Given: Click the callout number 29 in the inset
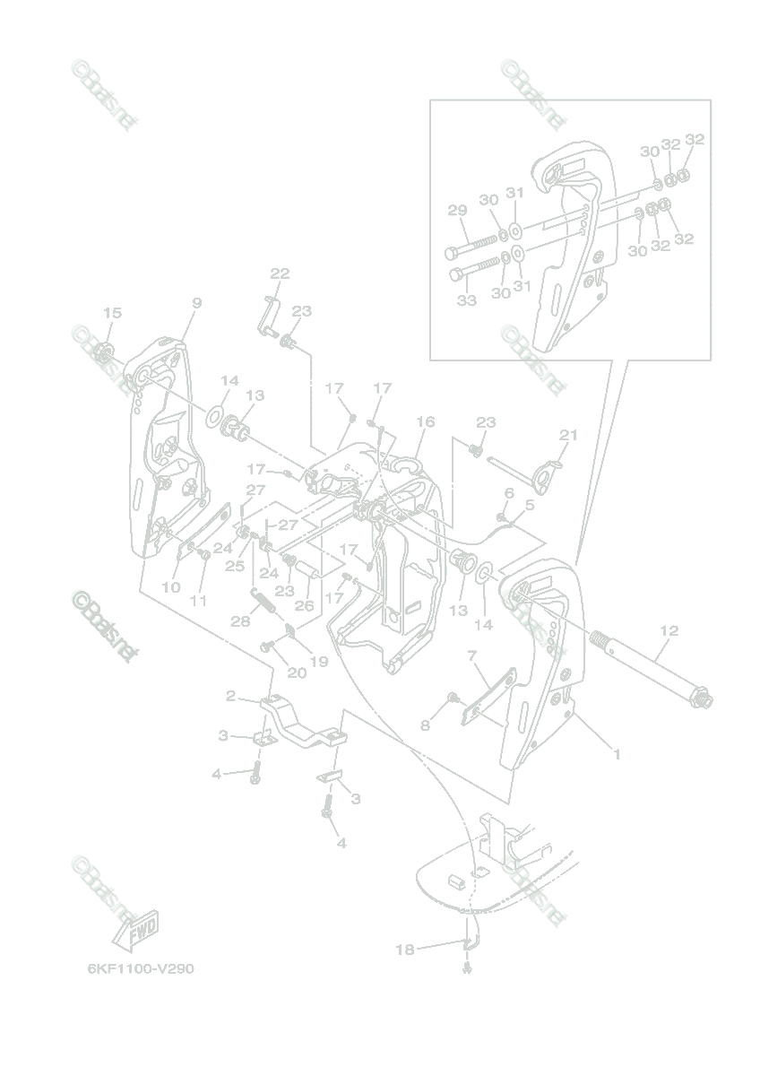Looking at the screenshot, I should pos(457,211).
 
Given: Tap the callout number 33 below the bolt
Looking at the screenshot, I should pos(466,300).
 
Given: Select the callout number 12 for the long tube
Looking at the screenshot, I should pos(668,631).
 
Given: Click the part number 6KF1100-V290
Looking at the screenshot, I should pos(141,969).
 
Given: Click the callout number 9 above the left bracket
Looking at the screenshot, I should pos(196,303).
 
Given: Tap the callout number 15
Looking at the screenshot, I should pos(112,313).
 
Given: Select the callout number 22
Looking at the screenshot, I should pos(281,273).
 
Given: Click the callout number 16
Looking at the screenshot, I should pos(425,421).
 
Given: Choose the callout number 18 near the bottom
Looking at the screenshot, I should pos(405,949).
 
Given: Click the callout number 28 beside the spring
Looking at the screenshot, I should pos(239,621).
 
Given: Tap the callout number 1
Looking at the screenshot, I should pos(616,754).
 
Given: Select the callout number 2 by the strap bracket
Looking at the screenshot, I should pos(230,696).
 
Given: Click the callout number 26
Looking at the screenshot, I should pos(305,605).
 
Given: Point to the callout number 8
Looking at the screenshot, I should pos(425,725).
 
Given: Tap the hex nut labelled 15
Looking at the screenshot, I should pos(103,352).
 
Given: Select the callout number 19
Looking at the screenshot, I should pos(319,661).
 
